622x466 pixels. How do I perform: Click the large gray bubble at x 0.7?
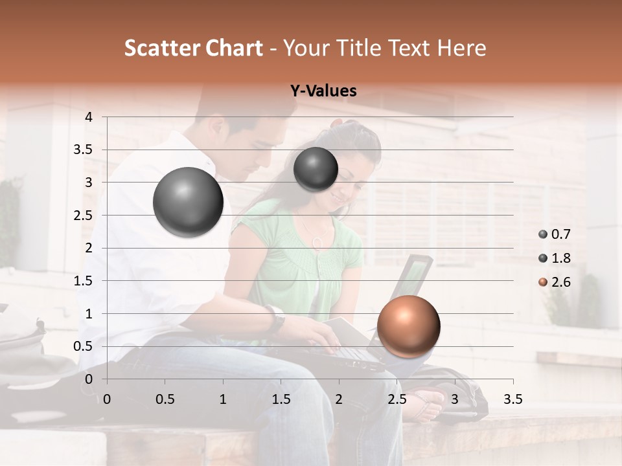pyautogui.click(x=189, y=202)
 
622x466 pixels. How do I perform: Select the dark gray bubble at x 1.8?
pyautogui.click(x=316, y=169)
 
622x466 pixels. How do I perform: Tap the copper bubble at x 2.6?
pyautogui.click(x=408, y=326)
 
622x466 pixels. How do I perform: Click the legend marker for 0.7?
pyautogui.click(x=542, y=234)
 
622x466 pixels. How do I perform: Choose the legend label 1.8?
pyautogui.click(x=561, y=258)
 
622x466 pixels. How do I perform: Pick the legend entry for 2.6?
pyautogui.click(x=561, y=282)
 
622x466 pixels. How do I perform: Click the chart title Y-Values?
pyautogui.click(x=323, y=91)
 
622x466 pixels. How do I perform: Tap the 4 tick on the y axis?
pyautogui.click(x=89, y=117)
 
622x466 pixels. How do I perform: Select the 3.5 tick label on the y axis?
pyautogui.click(x=84, y=150)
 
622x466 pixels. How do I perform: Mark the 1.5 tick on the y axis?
pyautogui.click(x=84, y=281)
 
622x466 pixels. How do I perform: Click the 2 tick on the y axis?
pyautogui.click(x=89, y=248)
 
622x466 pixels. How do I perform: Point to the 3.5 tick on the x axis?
pyautogui.click(x=513, y=399)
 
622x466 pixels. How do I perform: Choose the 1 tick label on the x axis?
pyautogui.click(x=223, y=399)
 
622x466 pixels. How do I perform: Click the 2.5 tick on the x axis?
pyautogui.click(x=397, y=399)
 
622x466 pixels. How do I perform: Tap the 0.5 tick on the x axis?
pyautogui.click(x=165, y=399)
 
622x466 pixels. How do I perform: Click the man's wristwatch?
pyautogui.click(x=277, y=318)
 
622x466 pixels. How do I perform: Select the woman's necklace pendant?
pyautogui.click(x=317, y=242)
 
